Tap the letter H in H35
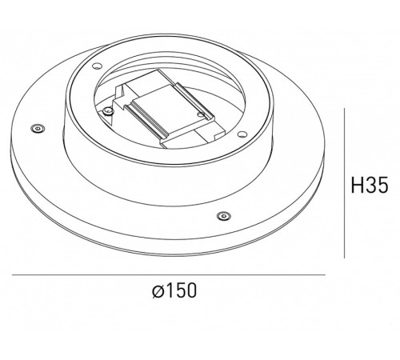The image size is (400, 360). [x=356, y=186]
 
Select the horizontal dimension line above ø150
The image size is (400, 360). [x=168, y=276]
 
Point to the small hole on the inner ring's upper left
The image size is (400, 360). [x=95, y=66]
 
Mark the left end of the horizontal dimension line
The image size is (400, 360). [x=13, y=276]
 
